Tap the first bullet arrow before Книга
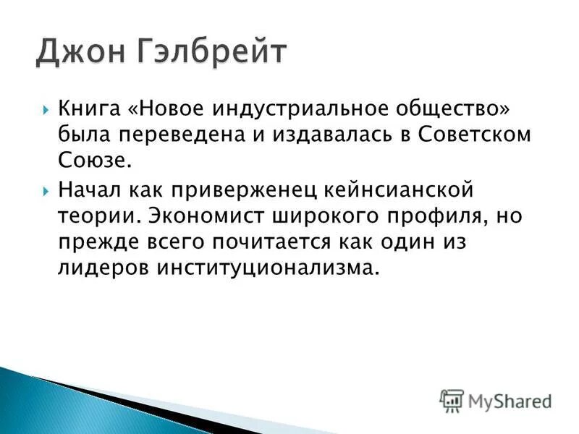click(46, 111)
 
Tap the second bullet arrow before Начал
click(46, 191)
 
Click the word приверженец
click(243, 191)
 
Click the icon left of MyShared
click(452, 400)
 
